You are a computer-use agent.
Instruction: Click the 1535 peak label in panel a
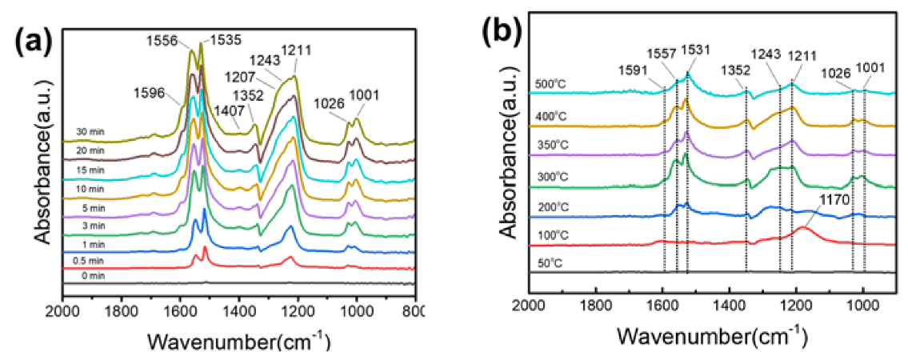225,37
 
